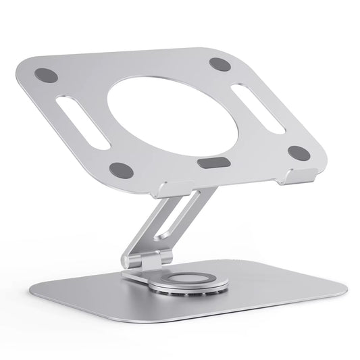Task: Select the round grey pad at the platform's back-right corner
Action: coord(219,64)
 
